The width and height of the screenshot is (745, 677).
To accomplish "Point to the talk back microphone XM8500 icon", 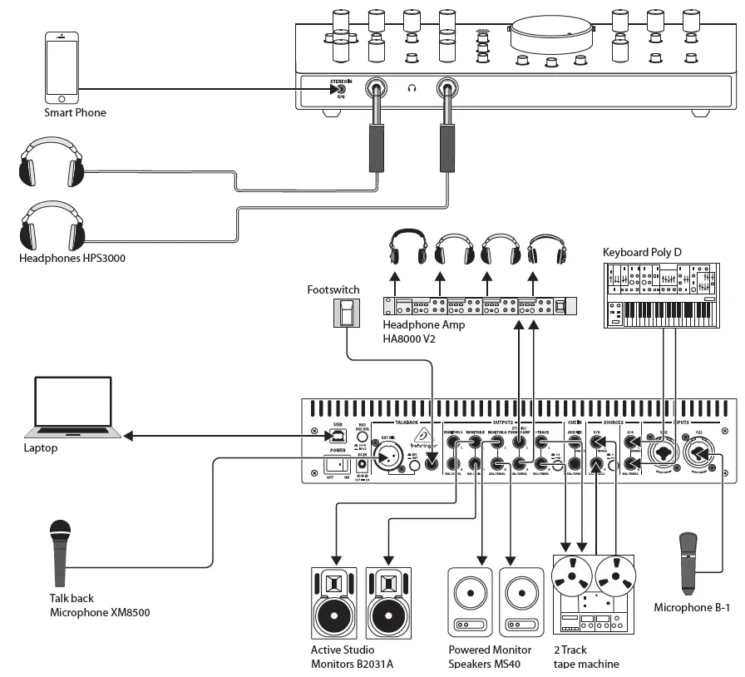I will point(60,552).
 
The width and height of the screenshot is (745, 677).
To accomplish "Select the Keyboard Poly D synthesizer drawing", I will point(660,294).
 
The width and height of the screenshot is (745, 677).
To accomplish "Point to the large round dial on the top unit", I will point(551,34).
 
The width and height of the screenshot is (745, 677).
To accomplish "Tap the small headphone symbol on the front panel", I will point(412,87).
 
